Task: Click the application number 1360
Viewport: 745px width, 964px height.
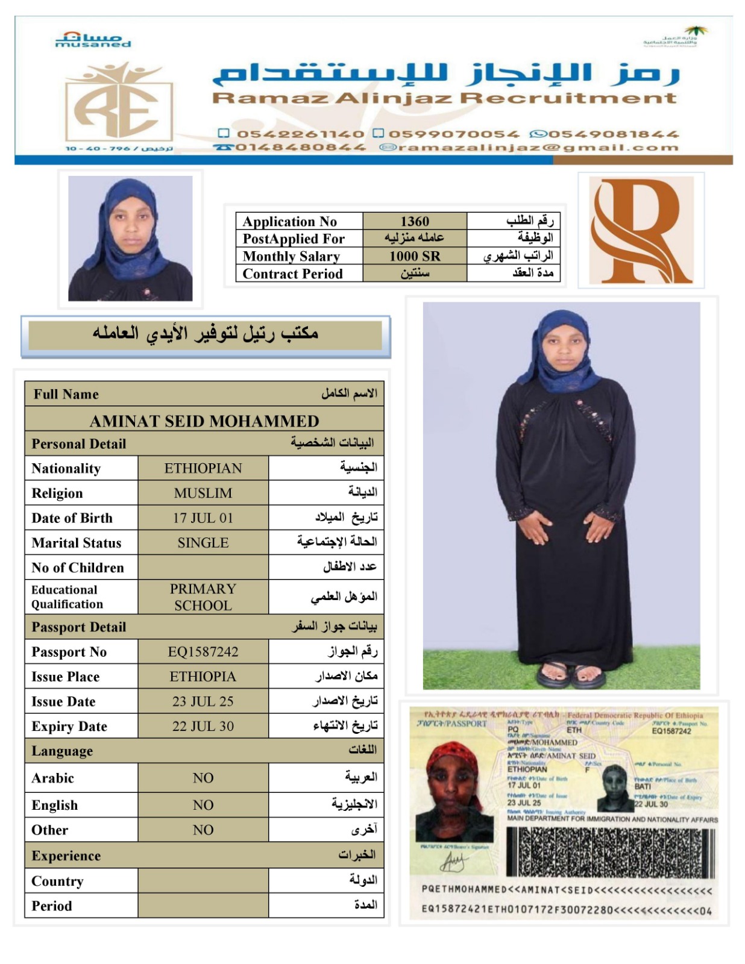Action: point(415,221)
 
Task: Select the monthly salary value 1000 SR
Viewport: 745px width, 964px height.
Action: point(415,256)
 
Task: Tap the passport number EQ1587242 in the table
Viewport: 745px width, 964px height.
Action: point(203,652)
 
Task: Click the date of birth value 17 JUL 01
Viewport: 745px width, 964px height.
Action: point(203,518)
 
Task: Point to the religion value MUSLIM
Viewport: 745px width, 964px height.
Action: point(203,493)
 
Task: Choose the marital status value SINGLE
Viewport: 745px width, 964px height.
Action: point(203,543)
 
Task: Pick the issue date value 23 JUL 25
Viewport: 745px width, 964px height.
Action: point(203,701)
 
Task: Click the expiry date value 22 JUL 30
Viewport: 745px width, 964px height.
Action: point(203,726)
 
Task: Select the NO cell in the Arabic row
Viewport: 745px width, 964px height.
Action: point(203,778)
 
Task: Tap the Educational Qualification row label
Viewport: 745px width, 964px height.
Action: point(68,597)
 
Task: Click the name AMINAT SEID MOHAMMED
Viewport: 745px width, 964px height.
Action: point(204,421)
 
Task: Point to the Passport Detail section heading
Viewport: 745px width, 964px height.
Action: point(79,627)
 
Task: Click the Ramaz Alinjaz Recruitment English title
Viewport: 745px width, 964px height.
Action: point(444,98)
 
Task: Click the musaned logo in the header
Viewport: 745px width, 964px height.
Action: point(93,40)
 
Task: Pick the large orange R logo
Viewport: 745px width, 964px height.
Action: point(640,231)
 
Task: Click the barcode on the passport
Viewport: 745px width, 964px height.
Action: point(610,852)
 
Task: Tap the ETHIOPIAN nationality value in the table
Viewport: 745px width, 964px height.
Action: point(203,468)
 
